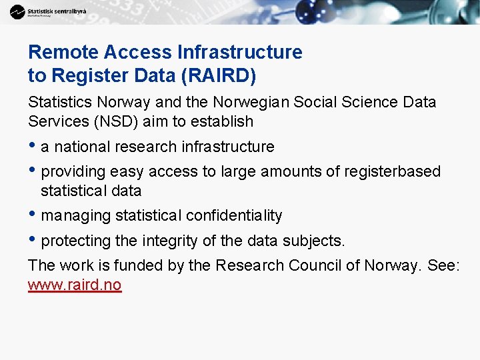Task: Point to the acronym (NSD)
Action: pos(101,121)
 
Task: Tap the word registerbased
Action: pos(392,172)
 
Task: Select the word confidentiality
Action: pos(234,216)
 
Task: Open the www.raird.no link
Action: pos(75,285)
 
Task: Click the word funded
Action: pos(141,265)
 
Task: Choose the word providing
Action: pos(71,172)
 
